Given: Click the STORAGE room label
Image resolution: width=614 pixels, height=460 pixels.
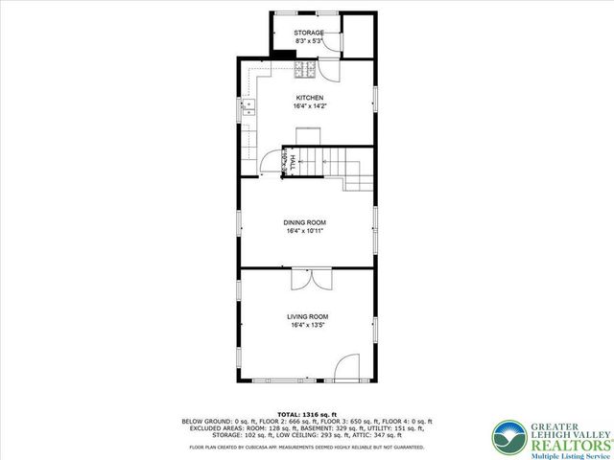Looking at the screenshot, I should coord(308,34).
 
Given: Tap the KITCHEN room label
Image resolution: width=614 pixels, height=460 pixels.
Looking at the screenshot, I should coord(309,98).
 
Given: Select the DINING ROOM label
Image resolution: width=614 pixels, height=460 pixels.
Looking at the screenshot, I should coord(305,222).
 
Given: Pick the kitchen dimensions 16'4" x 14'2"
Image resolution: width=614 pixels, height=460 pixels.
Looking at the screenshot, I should coord(309,106).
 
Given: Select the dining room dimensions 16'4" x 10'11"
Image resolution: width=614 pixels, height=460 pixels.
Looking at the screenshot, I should coord(305,231).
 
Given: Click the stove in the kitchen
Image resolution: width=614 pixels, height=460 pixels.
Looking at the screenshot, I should coord(305,69).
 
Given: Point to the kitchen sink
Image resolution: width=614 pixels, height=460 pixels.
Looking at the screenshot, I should coord(247,107).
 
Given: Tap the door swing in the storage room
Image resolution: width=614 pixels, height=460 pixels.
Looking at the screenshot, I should coord(328,69).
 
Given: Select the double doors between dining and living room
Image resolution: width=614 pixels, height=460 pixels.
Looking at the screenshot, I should coord(309,279).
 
